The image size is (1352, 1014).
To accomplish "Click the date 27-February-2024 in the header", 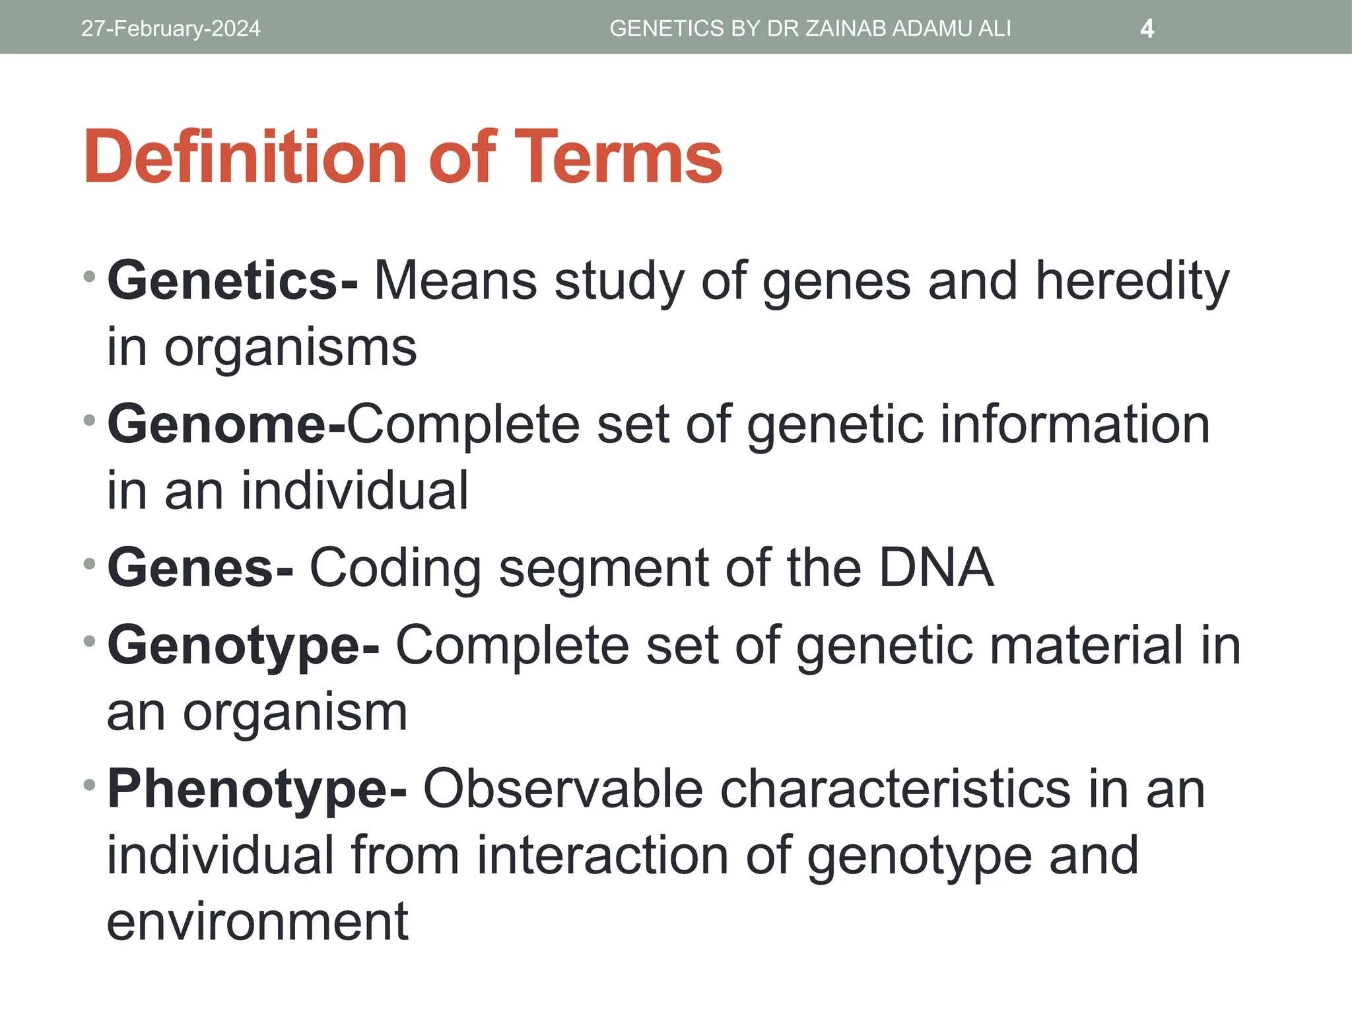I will click(x=170, y=28).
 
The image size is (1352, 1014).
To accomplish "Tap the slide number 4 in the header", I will click(x=1147, y=28).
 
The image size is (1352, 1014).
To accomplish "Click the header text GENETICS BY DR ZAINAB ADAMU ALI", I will click(x=810, y=28).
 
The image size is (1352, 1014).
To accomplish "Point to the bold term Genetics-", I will click(x=232, y=281).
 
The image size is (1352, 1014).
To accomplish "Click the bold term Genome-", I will click(x=226, y=424).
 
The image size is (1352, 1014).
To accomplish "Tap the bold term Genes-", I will click(x=200, y=568).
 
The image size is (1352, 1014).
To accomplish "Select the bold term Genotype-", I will click(x=243, y=646).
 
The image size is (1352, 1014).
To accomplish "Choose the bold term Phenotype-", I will click(x=257, y=789).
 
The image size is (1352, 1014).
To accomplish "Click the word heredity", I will click(x=1132, y=281).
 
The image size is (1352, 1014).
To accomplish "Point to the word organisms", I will click(x=290, y=347).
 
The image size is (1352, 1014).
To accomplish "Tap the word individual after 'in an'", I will click(x=355, y=491).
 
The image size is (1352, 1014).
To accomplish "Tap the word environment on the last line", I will click(x=257, y=922).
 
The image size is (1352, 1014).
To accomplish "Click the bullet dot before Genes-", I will click(x=90, y=564).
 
